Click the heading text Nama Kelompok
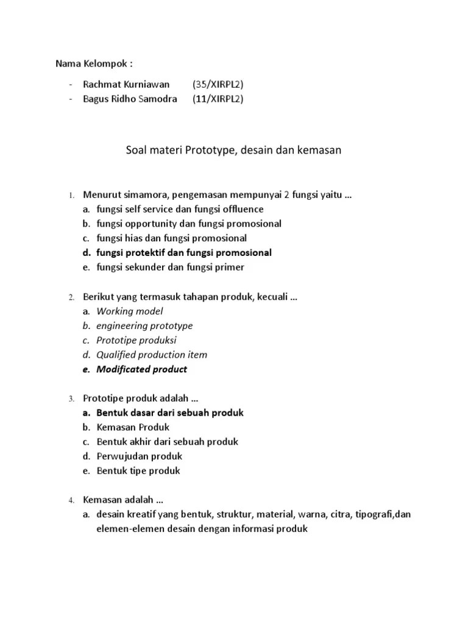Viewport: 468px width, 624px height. pyautogui.click(x=94, y=63)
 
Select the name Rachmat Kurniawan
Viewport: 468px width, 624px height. pyautogui.click(x=126, y=84)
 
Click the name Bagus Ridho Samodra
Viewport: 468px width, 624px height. pyautogui.click(x=130, y=99)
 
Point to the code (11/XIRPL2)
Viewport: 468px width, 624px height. pyautogui.click(x=218, y=99)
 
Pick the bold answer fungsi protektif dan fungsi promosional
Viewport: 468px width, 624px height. pyautogui.click(x=184, y=252)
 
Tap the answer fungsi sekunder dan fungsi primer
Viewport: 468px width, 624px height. pyautogui.click(x=170, y=267)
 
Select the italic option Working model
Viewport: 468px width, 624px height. pyautogui.click(x=130, y=311)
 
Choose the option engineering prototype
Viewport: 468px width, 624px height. pyautogui.click(x=144, y=325)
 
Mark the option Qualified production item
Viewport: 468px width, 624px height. pyautogui.click(x=152, y=355)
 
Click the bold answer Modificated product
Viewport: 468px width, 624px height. pyautogui.click(x=142, y=369)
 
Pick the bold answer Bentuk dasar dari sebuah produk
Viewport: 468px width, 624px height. pyautogui.click(x=170, y=413)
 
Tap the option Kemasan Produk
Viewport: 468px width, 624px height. pyautogui.click(x=133, y=427)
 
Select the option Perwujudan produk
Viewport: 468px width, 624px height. pyautogui.click(x=140, y=456)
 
